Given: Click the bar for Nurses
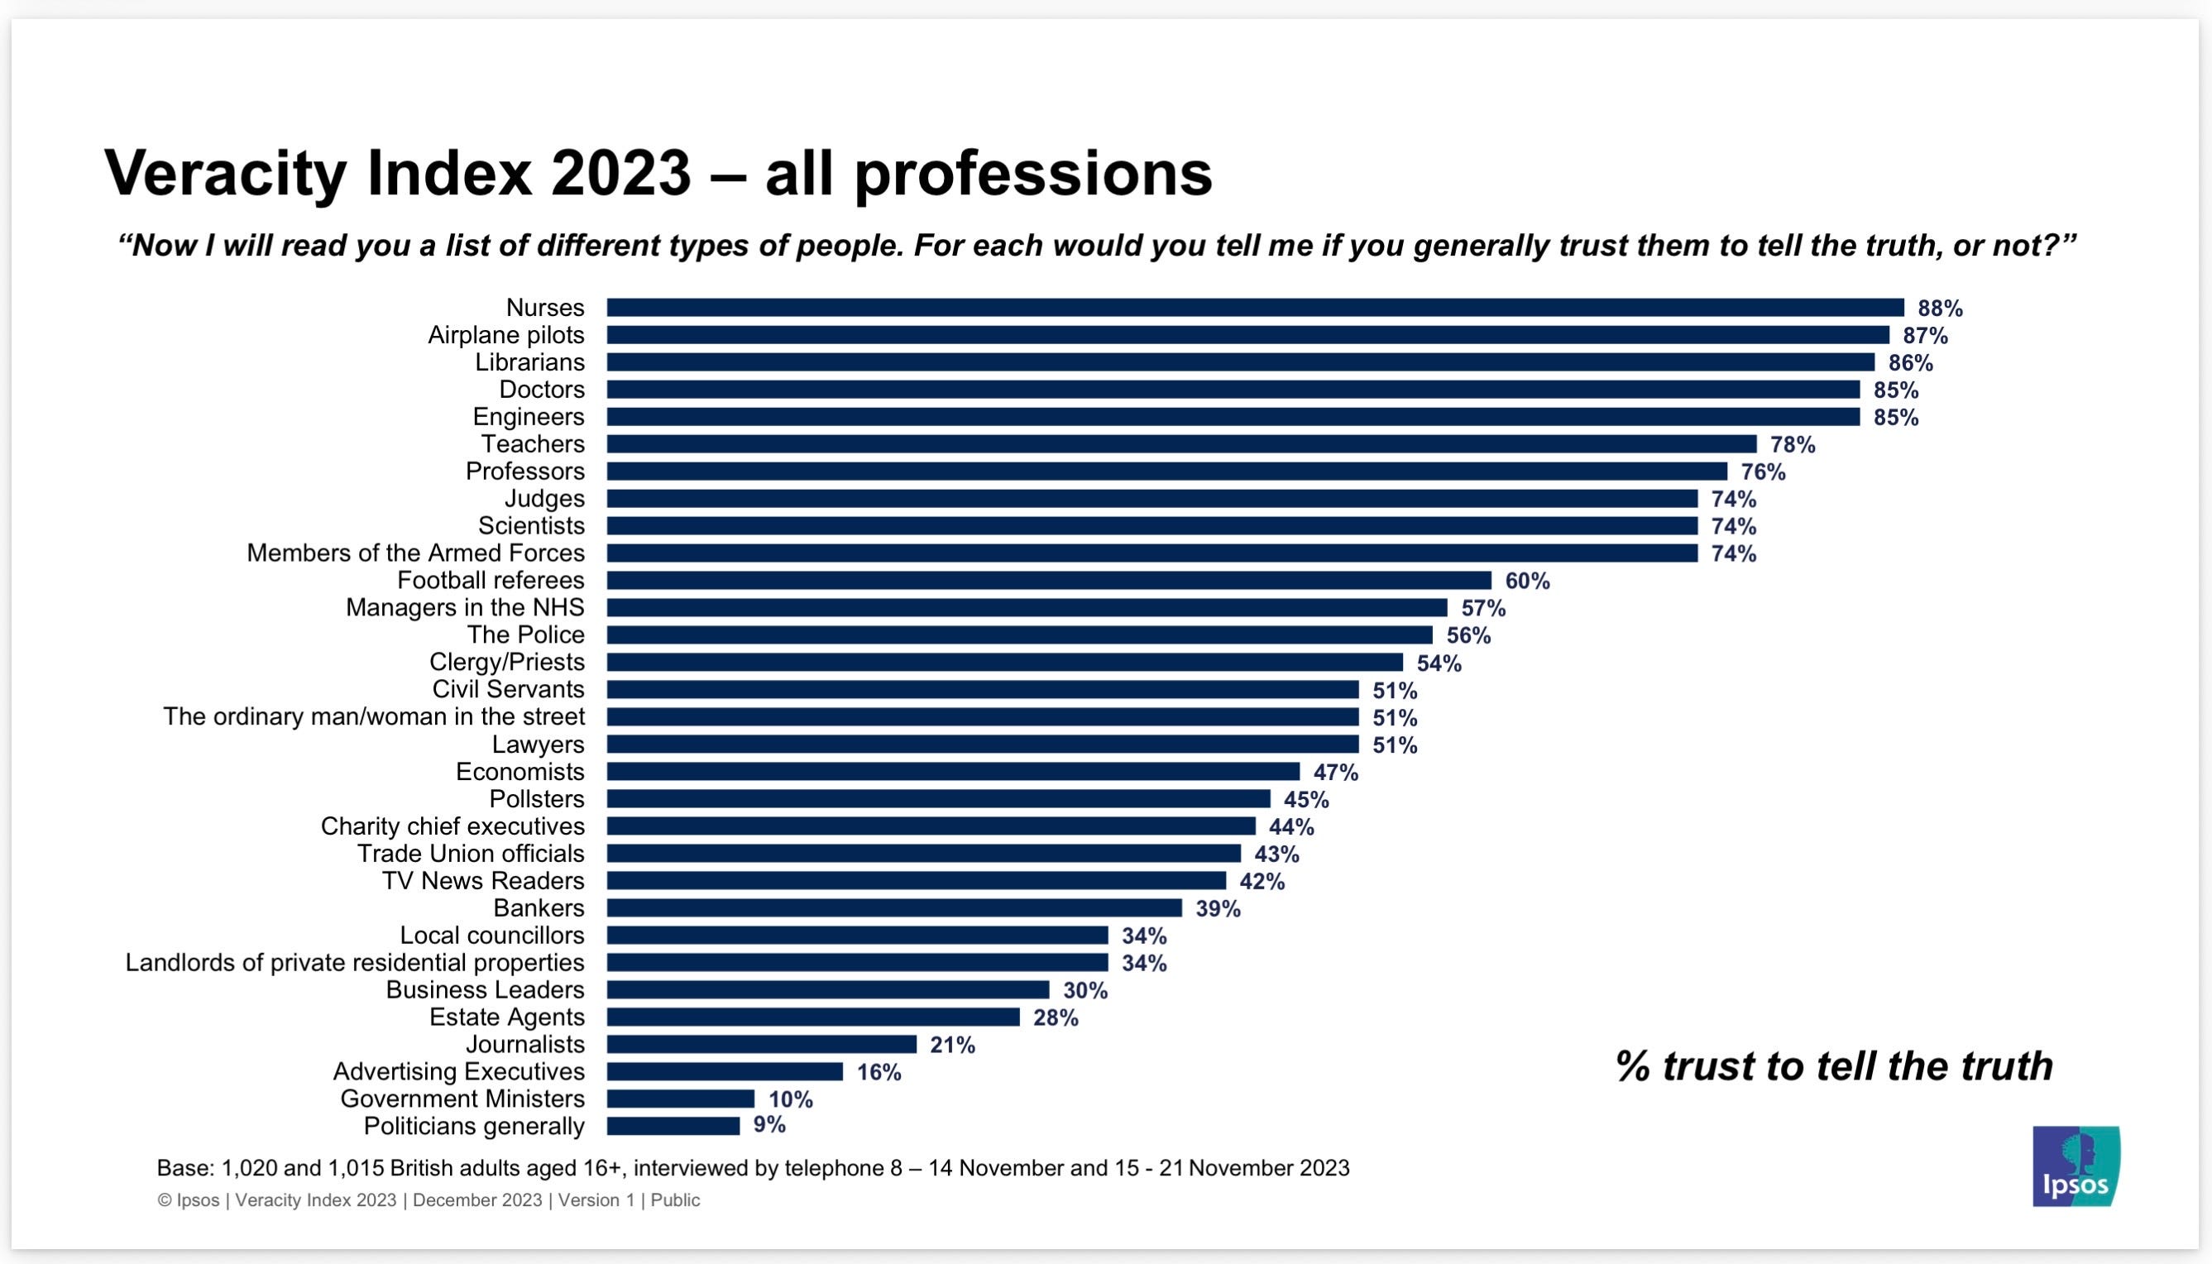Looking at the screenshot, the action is click(1256, 308).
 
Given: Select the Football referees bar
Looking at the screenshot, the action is click(1049, 580).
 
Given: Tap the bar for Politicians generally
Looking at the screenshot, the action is click(673, 1125).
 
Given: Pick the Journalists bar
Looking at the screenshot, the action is click(761, 1043).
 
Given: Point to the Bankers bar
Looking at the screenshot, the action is click(894, 907).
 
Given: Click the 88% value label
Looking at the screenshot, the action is click(1941, 309).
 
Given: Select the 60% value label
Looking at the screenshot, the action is click(1527, 581).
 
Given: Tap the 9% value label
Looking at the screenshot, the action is click(769, 1125).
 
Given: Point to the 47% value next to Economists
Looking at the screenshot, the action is click(1336, 772).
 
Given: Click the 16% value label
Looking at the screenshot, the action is click(879, 1072).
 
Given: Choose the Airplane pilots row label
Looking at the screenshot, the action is click(506, 335).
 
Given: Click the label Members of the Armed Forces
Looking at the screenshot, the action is click(416, 553).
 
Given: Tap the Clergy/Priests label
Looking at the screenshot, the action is click(507, 663).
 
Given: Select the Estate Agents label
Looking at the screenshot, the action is click(507, 1017).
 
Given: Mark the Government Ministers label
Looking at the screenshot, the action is click(462, 1099).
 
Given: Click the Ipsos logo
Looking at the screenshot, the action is click(2076, 1166).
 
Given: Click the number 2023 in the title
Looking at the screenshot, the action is click(620, 173).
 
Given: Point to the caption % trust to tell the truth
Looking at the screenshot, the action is click(1833, 1066).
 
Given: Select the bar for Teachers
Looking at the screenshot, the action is click(1181, 443).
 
